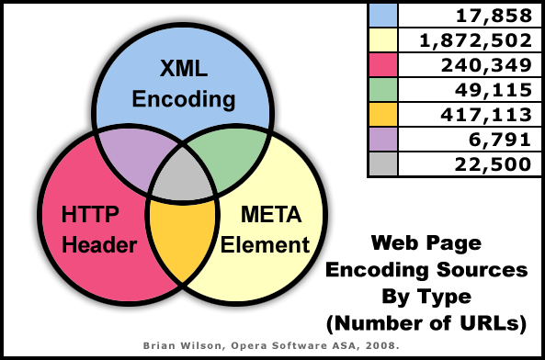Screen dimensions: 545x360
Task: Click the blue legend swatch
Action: pos(381,15)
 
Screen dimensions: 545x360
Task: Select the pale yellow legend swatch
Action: pos(381,40)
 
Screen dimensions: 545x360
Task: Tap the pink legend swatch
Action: pos(381,65)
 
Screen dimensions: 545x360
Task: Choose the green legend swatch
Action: pos(381,90)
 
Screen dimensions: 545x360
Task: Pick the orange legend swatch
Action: pos(381,115)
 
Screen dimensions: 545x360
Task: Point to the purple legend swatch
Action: pos(381,140)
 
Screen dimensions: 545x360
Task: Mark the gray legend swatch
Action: pos(381,164)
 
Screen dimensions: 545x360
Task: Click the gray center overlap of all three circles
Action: pos(181,178)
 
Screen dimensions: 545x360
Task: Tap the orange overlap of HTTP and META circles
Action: pos(181,241)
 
